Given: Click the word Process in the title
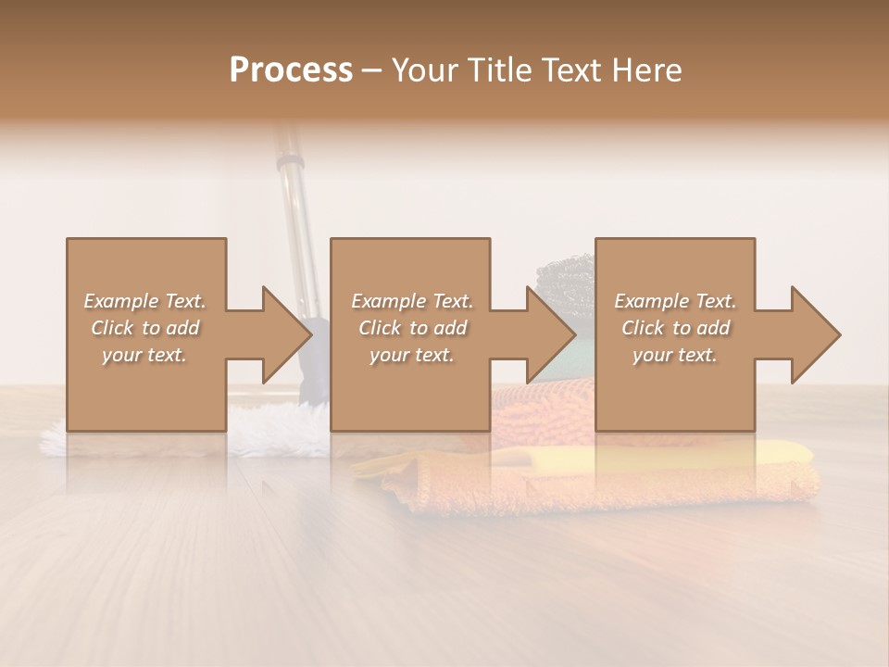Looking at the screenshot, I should (291, 69).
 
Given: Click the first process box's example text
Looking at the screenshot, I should (145, 327).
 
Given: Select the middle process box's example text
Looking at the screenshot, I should (411, 327).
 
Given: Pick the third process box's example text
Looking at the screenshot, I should (675, 327).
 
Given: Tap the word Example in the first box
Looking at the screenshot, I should (121, 301).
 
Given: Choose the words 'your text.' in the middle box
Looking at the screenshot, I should (411, 355).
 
